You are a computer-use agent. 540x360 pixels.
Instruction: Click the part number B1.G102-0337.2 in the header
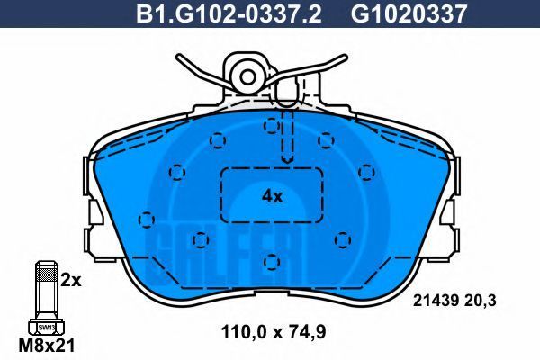pyautogui.click(x=229, y=13)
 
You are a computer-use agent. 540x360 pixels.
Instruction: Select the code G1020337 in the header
pyautogui.click(x=409, y=13)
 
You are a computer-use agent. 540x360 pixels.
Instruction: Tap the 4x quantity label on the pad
pyautogui.click(x=272, y=197)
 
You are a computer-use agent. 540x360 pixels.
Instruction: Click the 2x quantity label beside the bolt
pyautogui.click(x=71, y=281)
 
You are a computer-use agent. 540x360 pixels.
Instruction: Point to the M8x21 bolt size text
pyautogui.click(x=47, y=346)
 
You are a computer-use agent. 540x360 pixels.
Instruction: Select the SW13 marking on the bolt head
pyautogui.click(x=46, y=328)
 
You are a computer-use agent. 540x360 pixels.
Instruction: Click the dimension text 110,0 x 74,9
pyautogui.click(x=274, y=332)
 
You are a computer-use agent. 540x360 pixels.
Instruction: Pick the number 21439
pyautogui.click(x=436, y=301)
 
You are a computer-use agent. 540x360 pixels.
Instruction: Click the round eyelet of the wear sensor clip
pyautogui.click(x=247, y=77)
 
